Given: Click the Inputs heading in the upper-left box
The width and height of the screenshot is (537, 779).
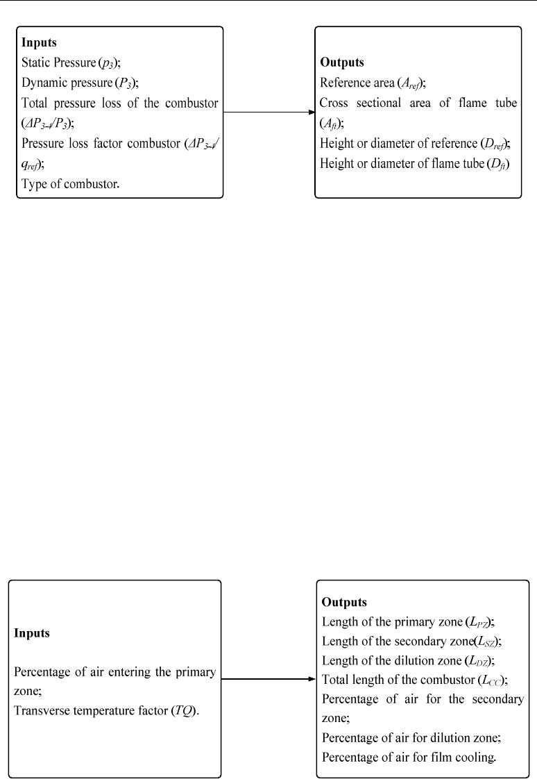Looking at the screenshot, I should click(39, 42).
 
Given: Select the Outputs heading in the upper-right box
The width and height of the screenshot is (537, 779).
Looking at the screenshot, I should click(342, 62).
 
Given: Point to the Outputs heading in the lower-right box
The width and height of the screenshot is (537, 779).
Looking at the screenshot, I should click(344, 602).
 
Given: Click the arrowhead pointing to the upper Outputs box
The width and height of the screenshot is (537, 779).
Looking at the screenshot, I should click(312, 112).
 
